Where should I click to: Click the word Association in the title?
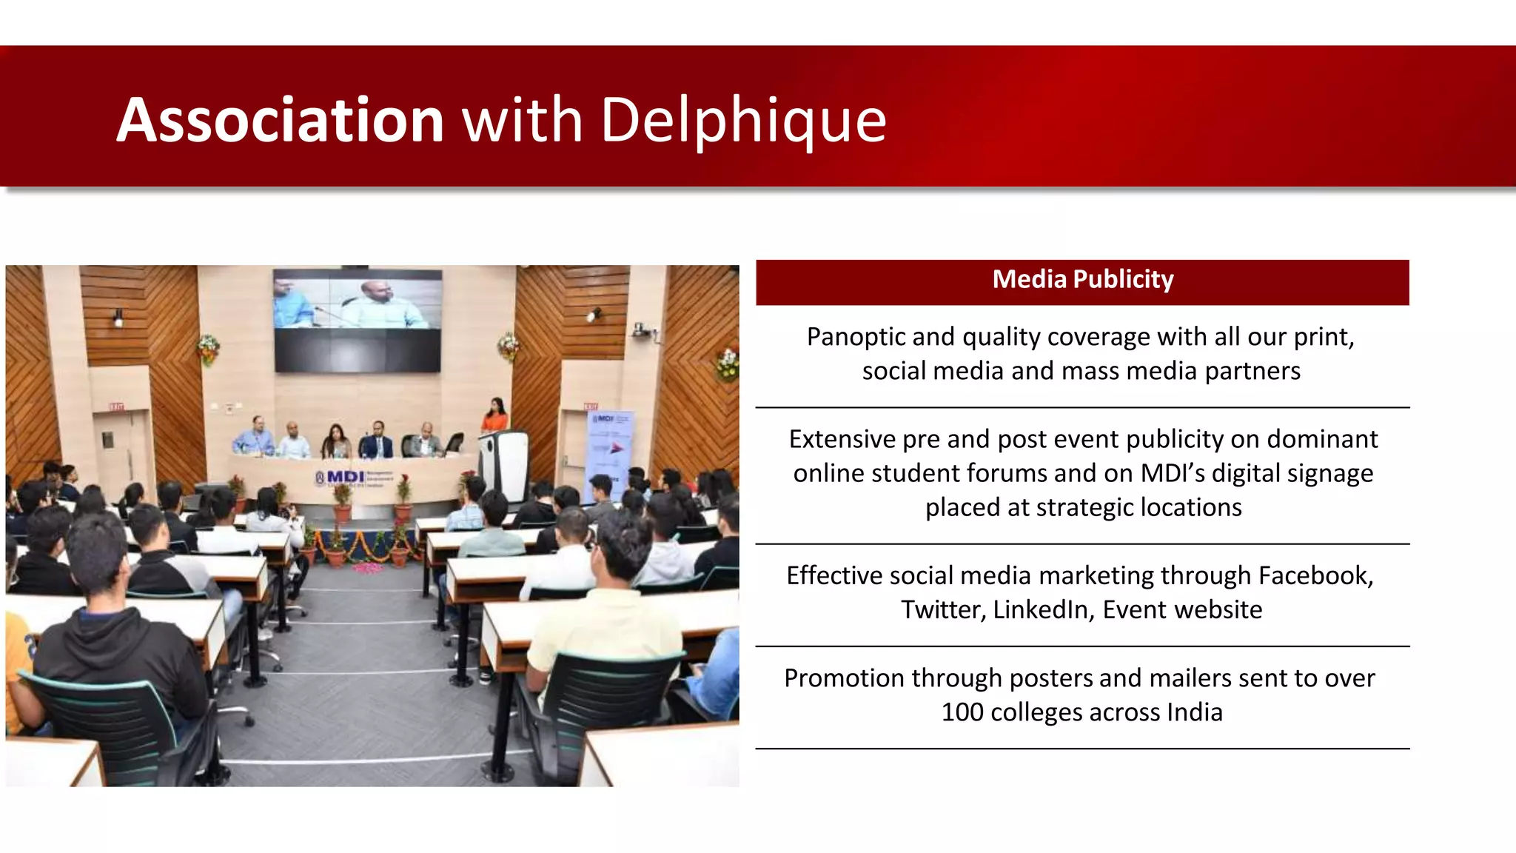pyautogui.click(x=280, y=120)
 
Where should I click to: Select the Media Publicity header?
pyautogui.click(x=1082, y=280)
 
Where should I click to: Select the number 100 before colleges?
pyautogui.click(x=962, y=712)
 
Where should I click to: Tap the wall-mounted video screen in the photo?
pyautogui.click(x=358, y=321)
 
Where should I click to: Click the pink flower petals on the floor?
pyautogui.click(x=368, y=568)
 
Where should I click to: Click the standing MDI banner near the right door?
pyautogui.click(x=608, y=452)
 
